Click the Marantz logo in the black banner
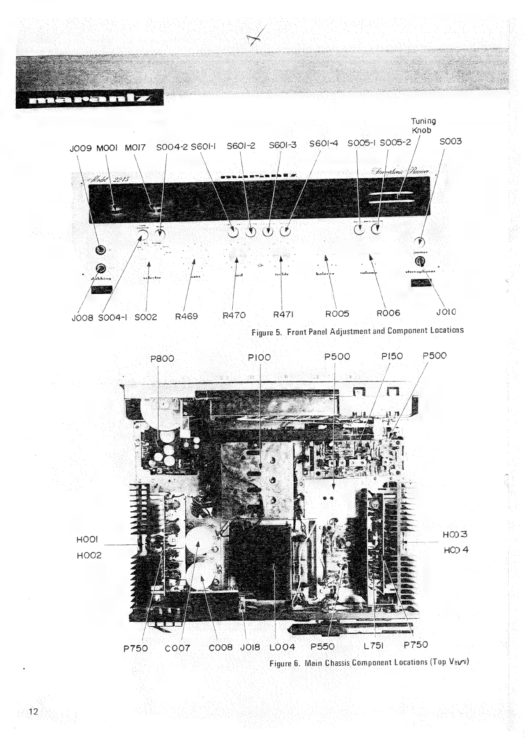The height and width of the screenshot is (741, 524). click(89, 99)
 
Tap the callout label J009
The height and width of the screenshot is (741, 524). click(81, 148)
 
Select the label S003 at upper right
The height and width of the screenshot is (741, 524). click(451, 141)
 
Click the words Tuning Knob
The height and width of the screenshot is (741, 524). click(423, 125)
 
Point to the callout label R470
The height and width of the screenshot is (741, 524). click(234, 315)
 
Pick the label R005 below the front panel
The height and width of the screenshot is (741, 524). click(337, 313)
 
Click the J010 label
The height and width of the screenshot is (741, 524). click(446, 312)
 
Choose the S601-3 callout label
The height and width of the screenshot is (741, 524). click(282, 145)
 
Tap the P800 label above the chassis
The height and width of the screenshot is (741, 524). click(162, 358)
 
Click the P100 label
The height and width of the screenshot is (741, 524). click(260, 357)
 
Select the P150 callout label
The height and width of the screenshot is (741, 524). click(392, 356)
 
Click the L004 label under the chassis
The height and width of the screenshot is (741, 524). click(282, 647)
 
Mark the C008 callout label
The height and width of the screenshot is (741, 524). click(220, 647)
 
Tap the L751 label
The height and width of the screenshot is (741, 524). click(374, 646)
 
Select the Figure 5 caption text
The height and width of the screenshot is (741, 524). click(357, 330)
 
